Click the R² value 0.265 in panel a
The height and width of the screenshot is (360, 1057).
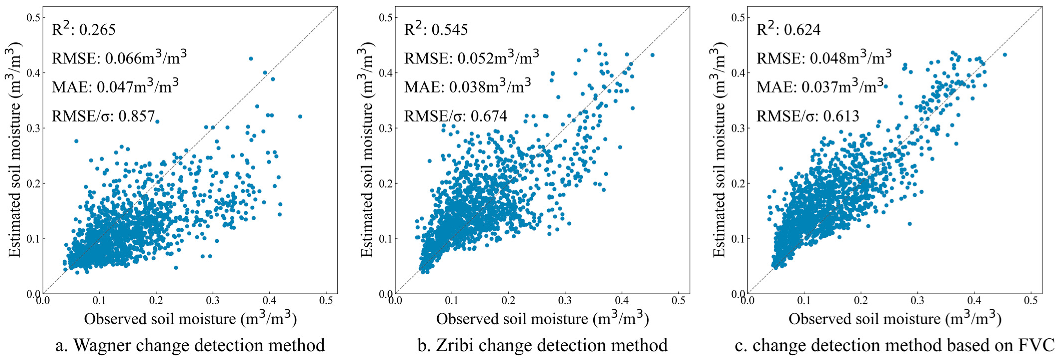(97, 30)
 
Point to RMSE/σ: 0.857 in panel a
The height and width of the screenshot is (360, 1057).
(103, 116)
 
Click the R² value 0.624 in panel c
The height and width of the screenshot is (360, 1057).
(802, 30)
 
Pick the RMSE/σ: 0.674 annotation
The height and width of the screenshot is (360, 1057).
(456, 116)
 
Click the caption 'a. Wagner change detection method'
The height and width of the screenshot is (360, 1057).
(190, 345)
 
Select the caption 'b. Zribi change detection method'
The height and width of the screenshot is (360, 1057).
(542, 345)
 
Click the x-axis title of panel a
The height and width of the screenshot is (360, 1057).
(190, 319)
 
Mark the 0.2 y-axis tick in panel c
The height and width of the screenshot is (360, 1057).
(738, 183)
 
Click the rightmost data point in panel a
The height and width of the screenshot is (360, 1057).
(300, 116)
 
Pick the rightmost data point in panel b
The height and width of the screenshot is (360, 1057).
(652, 55)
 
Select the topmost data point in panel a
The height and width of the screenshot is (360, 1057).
(251, 59)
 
